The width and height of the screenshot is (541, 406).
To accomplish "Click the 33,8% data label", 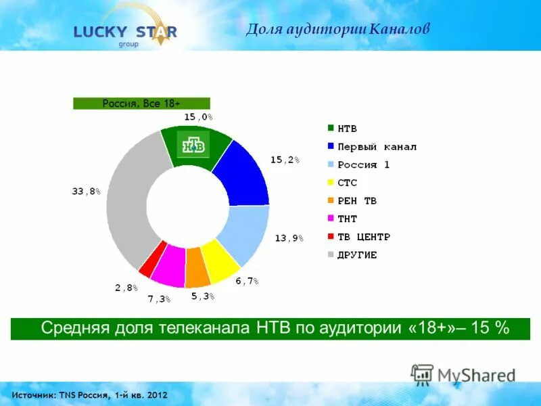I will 86,191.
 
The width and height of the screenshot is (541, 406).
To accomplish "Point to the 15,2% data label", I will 285,160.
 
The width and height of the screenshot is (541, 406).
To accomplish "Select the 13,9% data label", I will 289,238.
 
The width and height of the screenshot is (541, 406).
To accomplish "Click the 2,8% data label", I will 126,288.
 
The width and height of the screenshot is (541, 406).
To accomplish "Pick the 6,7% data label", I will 247,280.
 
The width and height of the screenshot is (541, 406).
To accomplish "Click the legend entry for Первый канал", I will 372,146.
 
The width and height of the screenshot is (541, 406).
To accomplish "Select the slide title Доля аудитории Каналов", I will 337,29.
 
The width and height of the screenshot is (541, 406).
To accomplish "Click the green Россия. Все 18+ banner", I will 141,104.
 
